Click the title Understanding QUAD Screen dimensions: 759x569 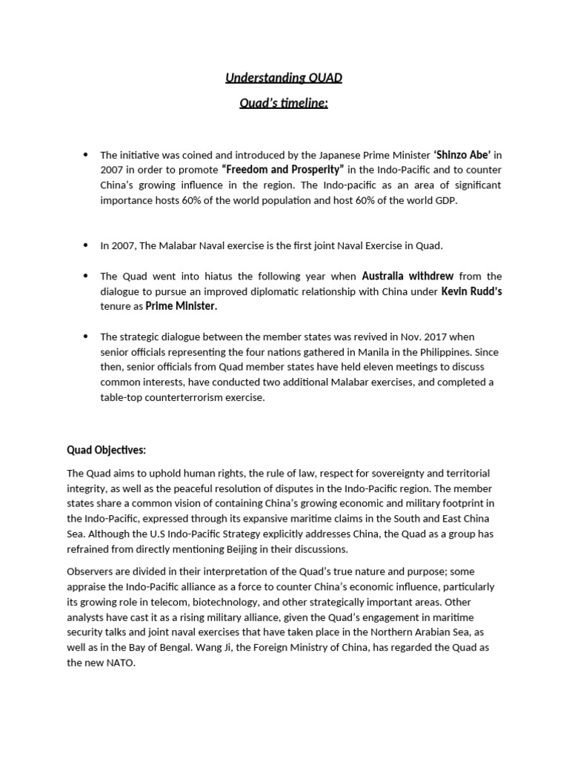tap(284, 78)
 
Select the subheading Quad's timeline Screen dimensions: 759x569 tap(284, 103)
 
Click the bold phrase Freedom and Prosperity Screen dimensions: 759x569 tap(282, 170)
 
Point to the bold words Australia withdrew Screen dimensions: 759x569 tap(407, 276)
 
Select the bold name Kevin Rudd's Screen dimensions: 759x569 tap(471, 291)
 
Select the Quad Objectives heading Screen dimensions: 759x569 tap(107, 450)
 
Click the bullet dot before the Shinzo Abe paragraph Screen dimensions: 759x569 tap(86, 155)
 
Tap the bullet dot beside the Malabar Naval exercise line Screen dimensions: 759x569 tap(86, 245)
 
